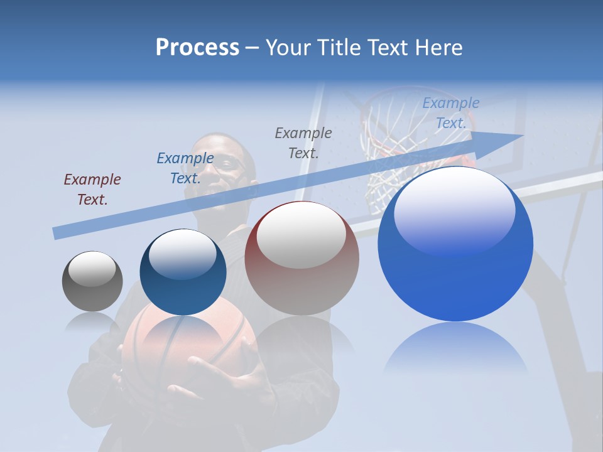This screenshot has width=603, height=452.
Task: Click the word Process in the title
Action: click(x=197, y=48)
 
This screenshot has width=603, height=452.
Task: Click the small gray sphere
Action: click(x=92, y=281)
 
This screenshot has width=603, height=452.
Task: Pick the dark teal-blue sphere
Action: click(x=183, y=272)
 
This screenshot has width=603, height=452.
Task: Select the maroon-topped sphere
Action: click(x=301, y=258)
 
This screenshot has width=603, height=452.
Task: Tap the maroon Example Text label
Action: click(x=92, y=190)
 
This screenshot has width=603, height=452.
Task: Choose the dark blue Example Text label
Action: click(x=185, y=168)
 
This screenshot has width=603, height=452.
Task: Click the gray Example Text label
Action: click(x=303, y=143)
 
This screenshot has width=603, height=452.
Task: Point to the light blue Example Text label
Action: click(x=451, y=113)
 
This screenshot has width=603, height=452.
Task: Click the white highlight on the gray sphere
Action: click(x=92, y=269)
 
